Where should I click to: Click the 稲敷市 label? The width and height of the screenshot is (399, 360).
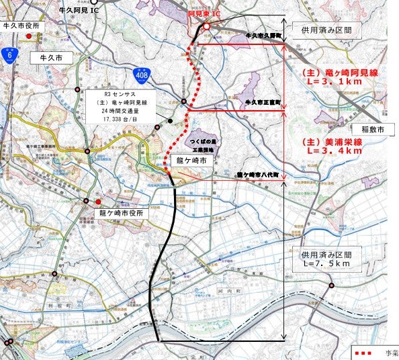pos(371,129)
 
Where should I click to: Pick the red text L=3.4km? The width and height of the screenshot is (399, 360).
pos(332,151)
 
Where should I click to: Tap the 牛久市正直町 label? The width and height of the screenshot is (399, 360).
pos(263,101)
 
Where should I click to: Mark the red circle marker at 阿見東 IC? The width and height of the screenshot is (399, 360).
pos(207,27)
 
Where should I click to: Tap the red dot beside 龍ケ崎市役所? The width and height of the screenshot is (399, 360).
pos(98,201)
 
